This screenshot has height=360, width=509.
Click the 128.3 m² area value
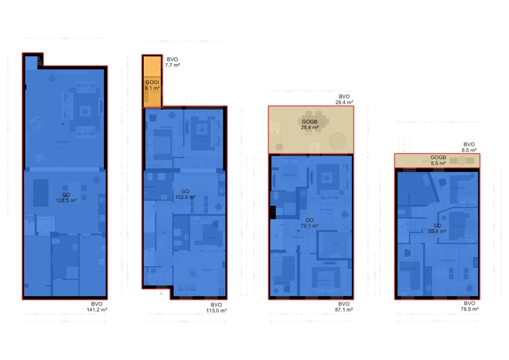[x=66, y=201]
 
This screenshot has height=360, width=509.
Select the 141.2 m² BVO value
[x=97, y=309]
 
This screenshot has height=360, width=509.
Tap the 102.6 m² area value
[x=185, y=197]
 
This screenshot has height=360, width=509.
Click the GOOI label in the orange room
[x=152, y=82]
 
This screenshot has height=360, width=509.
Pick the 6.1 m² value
[x=152, y=88]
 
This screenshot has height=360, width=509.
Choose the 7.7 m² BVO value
[x=173, y=65]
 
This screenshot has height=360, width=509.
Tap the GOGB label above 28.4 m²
[x=310, y=121]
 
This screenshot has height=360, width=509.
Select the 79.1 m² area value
[x=310, y=225]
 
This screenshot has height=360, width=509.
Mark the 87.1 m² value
[x=343, y=309]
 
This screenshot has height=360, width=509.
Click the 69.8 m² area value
[x=437, y=231]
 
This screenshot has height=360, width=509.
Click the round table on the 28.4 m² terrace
[x=338, y=141]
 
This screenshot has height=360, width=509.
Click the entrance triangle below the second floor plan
[x=162, y=294]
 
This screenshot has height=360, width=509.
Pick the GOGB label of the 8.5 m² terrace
[x=438, y=158]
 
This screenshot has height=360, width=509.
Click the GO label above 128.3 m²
[x=66, y=195]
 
